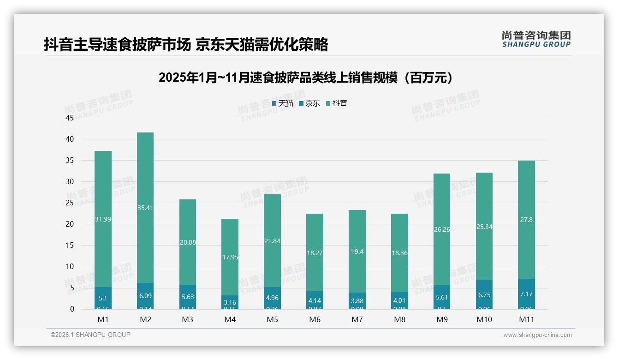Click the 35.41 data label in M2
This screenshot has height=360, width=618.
click(145, 208)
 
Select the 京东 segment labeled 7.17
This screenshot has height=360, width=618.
click(526, 294)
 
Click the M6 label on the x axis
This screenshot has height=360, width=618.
click(315, 319)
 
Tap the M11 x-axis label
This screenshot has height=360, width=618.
click(526, 319)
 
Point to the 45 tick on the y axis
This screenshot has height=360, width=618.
click(70, 118)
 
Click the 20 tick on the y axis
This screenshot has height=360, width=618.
click(70, 224)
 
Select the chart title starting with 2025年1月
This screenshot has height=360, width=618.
click(306, 78)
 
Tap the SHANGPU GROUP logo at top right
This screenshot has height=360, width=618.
click(536, 39)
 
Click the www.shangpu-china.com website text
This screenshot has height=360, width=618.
click(537, 335)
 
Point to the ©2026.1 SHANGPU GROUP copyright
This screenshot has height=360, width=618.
click(90, 335)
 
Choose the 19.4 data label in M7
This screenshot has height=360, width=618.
click(357, 252)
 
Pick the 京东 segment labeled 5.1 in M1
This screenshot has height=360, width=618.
click(103, 298)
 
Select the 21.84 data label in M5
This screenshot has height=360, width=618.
click(273, 241)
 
